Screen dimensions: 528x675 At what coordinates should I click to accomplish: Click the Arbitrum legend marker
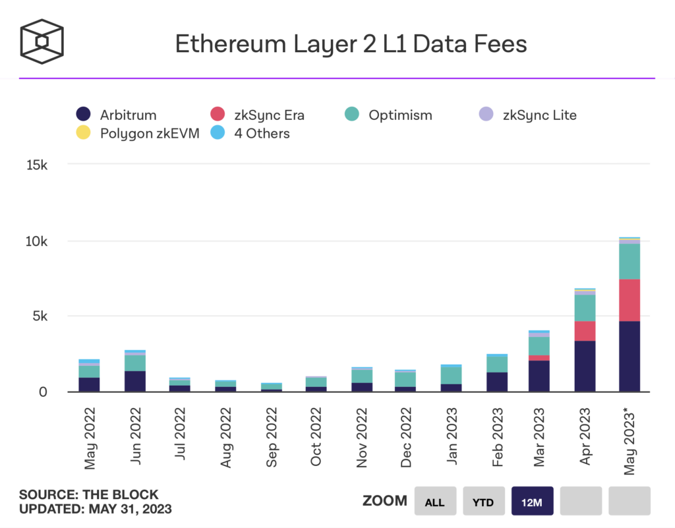84,115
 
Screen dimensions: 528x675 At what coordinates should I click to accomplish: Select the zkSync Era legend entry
264,115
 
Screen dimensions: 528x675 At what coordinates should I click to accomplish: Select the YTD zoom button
483,502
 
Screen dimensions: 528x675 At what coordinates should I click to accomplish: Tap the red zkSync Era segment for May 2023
630,300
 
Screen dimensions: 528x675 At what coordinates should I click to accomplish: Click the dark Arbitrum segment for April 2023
585,366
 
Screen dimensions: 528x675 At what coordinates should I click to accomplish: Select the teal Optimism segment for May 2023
630,262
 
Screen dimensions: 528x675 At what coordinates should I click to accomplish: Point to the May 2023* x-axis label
629,435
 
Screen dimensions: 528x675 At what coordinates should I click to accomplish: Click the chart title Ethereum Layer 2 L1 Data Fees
351,44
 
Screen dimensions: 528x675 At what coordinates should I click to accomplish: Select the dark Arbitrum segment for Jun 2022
134,381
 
